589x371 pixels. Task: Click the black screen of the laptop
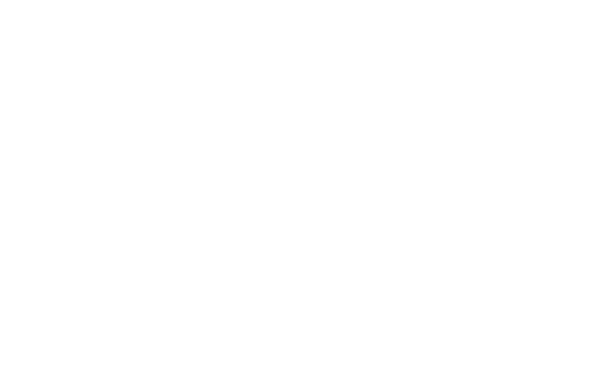point(473,235)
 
